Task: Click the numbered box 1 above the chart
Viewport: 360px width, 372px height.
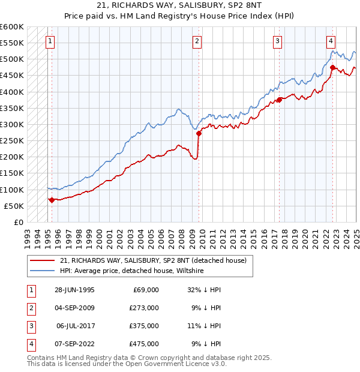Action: pyautogui.click(x=49, y=41)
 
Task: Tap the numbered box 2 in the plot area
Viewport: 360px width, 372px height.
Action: pyautogui.click(x=197, y=41)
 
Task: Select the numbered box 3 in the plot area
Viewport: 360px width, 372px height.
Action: pyautogui.click(x=278, y=41)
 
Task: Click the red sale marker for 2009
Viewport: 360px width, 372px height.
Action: pyautogui.click(x=199, y=134)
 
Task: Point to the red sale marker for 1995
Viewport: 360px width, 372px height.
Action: pyautogui.click(x=52, y=200)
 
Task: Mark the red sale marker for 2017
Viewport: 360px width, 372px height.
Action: pyautogui.click(x=280, y=100)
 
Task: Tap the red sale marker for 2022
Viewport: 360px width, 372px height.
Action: pyautogui.click(x=332, y=68)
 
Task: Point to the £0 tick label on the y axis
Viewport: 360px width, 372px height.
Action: pyautogui.click(x=18, y=222)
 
